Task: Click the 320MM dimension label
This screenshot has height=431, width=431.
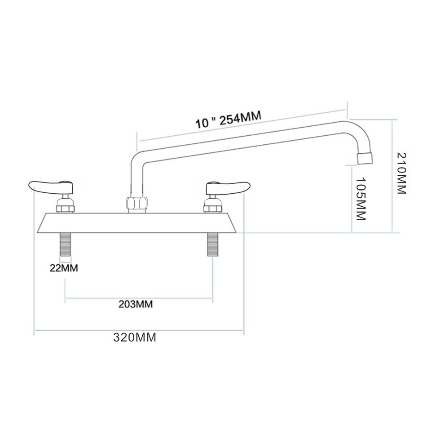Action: (134, 338)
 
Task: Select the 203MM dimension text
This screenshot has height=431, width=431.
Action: (136, 304)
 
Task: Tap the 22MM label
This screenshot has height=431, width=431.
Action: (64, 268)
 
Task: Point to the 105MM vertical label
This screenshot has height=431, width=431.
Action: (360, 198)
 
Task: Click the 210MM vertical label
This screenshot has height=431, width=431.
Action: (401, 173)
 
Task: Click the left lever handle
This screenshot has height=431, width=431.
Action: (49, 185)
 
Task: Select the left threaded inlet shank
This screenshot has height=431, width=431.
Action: (66, 244)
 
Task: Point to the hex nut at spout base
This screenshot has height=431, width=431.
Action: (137, 203)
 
